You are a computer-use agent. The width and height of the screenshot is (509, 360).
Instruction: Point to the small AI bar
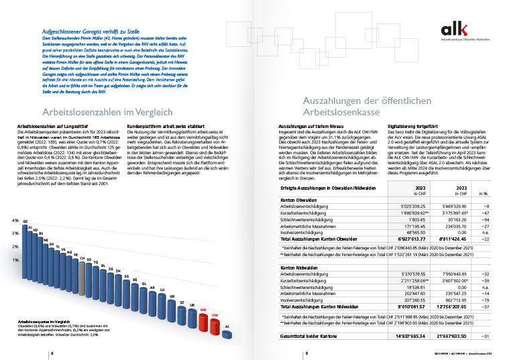227,327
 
